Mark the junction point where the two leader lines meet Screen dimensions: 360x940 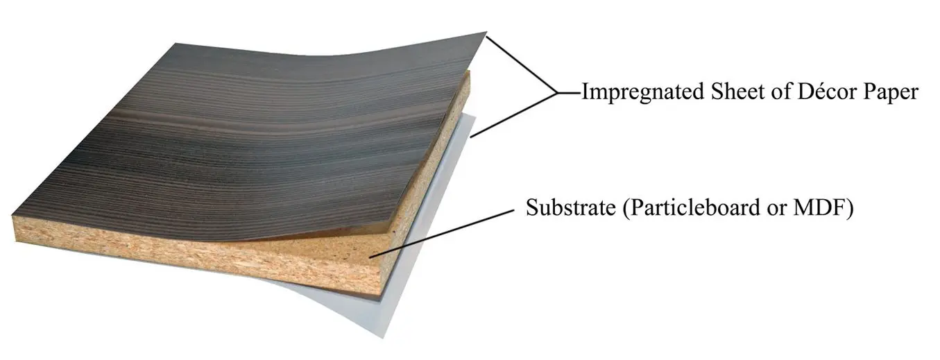coord(557,92)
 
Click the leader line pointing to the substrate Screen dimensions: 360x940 coord(444,232)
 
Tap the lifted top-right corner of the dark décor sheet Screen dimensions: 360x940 coord(484,34)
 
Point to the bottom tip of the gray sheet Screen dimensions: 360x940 coord(384,336)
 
